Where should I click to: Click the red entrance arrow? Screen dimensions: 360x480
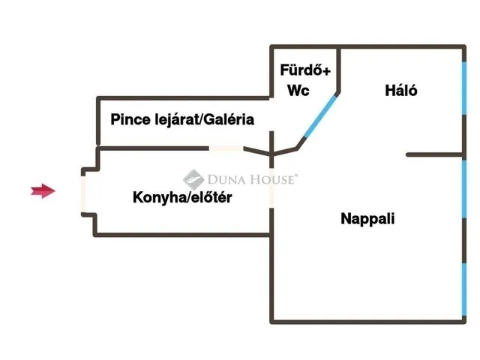43,191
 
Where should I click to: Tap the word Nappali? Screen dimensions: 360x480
367,219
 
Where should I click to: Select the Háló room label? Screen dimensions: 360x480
400,91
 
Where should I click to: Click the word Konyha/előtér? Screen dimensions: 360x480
182,198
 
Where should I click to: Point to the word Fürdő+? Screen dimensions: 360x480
305,71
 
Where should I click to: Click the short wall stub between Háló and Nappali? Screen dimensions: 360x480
433,154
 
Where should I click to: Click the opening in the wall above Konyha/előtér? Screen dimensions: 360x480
226,148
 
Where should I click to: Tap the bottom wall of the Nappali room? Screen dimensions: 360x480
367,322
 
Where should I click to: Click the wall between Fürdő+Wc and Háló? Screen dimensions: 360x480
340,71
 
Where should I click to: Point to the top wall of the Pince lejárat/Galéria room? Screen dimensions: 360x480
184,97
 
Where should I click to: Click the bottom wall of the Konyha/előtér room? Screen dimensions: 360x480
184,235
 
